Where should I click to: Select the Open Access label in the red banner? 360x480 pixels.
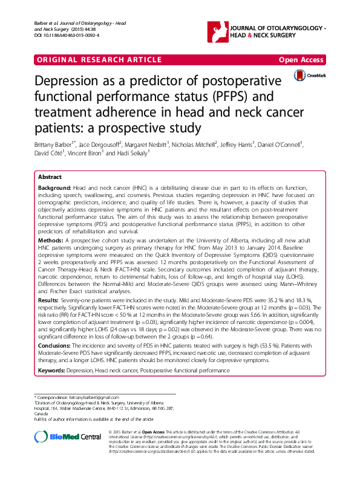point(301,60)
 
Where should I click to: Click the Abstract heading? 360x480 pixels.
point(50,177)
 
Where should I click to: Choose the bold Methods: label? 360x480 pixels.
point(50,239)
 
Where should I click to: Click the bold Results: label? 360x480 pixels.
point(48,299)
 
